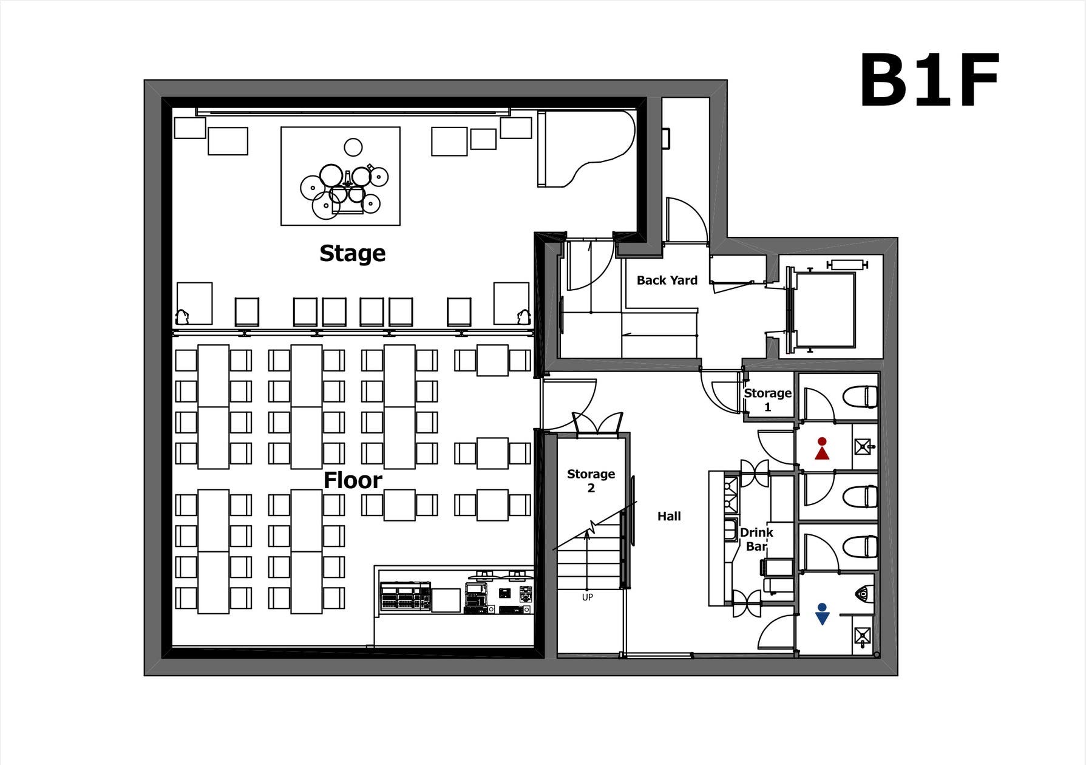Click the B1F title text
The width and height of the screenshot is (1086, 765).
929,80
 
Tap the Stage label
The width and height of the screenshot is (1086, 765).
353,253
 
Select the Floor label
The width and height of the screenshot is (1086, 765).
353,480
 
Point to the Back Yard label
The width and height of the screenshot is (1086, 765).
667,280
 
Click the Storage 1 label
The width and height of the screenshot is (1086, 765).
767,399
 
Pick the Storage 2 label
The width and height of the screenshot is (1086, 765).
591,480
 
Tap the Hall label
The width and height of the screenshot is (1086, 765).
669,516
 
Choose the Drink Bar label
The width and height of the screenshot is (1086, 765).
756,539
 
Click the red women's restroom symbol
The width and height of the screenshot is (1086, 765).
822,449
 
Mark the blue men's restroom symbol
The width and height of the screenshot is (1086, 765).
822,614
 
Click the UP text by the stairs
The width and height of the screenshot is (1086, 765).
588,597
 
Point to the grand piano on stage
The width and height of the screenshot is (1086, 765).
583,148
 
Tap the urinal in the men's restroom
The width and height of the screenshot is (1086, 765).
864,593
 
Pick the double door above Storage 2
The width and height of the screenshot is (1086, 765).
598,423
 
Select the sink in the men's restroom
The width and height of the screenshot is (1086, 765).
863,636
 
